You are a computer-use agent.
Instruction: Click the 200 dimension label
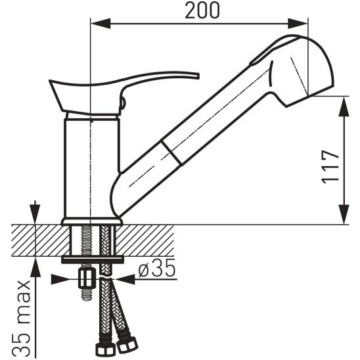point(202,11)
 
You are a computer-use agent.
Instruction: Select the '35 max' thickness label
point(24,319)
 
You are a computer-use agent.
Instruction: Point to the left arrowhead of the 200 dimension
point(101,24)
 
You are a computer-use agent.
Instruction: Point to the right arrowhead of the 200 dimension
point(298,24)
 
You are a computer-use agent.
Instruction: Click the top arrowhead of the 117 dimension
point(344,106)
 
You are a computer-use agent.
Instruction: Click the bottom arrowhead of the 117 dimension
point(344,214)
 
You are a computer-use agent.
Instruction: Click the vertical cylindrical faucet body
point(91,168)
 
